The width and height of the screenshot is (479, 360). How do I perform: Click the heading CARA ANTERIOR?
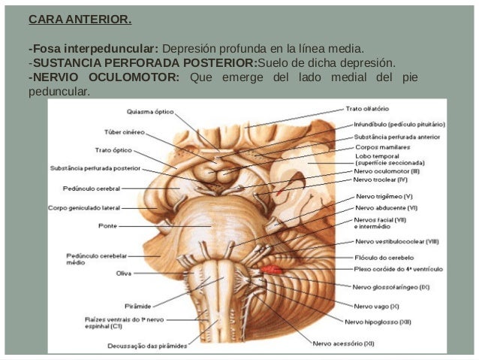[79, 19]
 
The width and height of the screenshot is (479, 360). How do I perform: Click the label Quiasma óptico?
[150, 111]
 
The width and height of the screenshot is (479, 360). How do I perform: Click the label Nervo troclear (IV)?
[381, 180]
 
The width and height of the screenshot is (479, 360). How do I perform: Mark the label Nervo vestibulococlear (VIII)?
[396, 241]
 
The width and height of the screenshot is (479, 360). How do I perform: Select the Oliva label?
[123, 273]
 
